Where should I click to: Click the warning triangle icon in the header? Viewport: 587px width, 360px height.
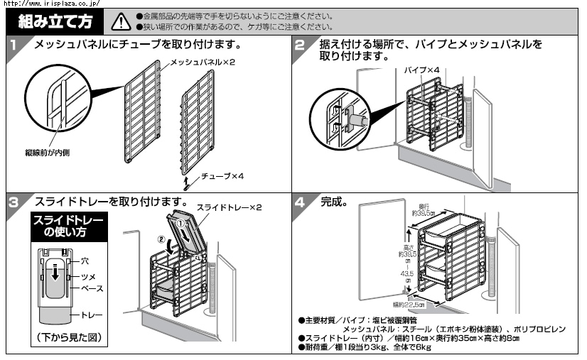coord(121,21)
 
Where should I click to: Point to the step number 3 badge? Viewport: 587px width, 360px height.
coord(14,202)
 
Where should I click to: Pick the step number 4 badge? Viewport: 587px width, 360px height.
coord(301,202)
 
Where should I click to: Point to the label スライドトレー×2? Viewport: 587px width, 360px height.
coord(229,207)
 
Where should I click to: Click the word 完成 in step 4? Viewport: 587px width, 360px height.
coord(333,202)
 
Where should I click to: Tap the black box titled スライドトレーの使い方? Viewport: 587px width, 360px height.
coord(68,227)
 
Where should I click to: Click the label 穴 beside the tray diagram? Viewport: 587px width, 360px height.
coord(85,262)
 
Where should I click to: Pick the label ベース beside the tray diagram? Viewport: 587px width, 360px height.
coord(90,288)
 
